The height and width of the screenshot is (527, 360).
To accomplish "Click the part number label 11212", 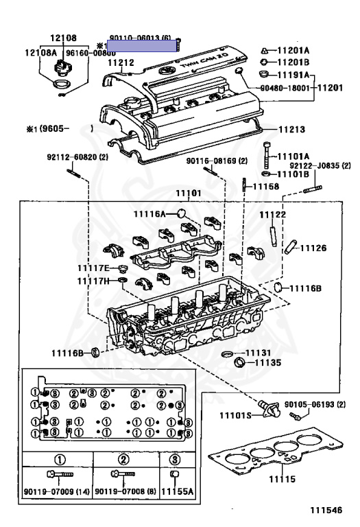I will [121, 62].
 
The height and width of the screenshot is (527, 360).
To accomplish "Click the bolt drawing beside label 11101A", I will [267, 157].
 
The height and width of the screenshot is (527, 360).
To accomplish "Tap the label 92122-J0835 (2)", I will [320, 165].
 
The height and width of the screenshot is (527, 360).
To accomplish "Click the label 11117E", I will [93, 267].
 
